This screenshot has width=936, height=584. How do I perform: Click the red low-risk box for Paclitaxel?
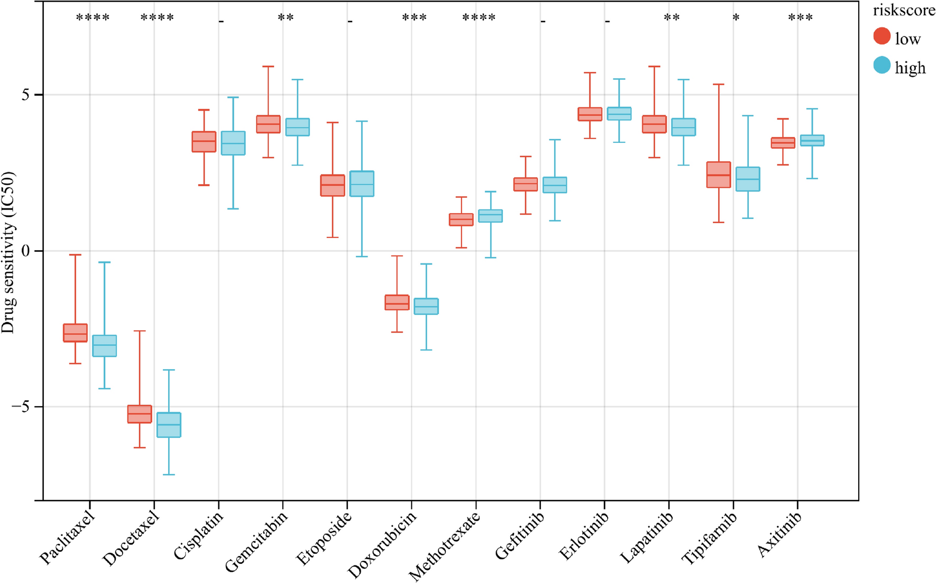tap(75, 333)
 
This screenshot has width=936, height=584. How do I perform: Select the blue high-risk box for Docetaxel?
tap(169, 425)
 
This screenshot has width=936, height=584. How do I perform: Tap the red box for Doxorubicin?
tap(397, 302)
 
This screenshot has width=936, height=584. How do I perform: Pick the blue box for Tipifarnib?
tap(748, 179)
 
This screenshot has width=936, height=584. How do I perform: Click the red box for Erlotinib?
tap(590, 114)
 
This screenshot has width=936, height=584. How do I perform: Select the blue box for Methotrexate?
tap(490, 216)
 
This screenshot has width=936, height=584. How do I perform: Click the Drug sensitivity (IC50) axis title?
tap(8, 253)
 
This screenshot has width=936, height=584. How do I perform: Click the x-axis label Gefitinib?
tap(517, 536)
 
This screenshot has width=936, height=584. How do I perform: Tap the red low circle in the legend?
tap(882, 36)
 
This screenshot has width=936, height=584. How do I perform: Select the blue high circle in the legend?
tap(882, 66)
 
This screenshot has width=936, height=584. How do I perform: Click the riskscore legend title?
tap(903, 10)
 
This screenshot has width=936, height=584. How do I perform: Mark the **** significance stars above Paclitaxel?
tap(93, 19)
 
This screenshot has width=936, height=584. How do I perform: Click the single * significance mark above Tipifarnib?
tap(736, 19)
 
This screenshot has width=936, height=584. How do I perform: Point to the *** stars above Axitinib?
tap(800, 19)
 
